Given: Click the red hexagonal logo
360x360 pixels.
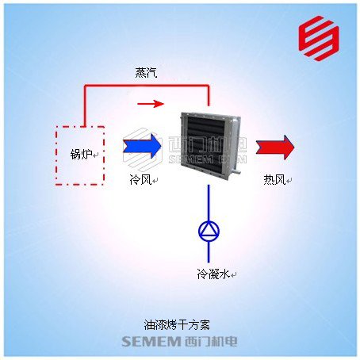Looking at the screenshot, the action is click(x=319, y=38).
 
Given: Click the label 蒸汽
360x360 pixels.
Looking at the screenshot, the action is click(x=146, y=72).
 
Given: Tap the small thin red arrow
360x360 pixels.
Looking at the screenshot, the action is click(x=151, y=104).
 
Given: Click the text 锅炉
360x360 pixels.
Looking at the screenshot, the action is click(x=81, y=155).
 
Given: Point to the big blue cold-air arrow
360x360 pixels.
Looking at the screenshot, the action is click(x=142, y=146).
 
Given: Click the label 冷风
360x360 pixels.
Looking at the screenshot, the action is click(x=140, y=179).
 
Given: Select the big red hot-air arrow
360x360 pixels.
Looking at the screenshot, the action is click(x=275, y=147).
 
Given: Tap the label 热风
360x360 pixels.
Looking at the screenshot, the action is click(x=274, y=180).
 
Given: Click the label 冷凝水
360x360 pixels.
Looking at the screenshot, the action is click(x=213, y=274).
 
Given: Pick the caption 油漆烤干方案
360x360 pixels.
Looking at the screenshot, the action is click(x=177, y=325).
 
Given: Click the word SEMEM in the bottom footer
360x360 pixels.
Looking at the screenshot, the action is click(x=151, y=342).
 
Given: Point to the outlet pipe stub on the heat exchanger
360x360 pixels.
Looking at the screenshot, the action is click(x=237, y=171).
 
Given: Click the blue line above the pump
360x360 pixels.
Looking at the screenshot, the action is click(x=209, y=203).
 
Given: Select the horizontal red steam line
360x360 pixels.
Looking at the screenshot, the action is click(x=147, y=86).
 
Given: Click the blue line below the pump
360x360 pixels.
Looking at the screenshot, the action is click(x=209, y=252).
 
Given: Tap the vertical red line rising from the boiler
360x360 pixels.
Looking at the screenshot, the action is click(x=85, y=105).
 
